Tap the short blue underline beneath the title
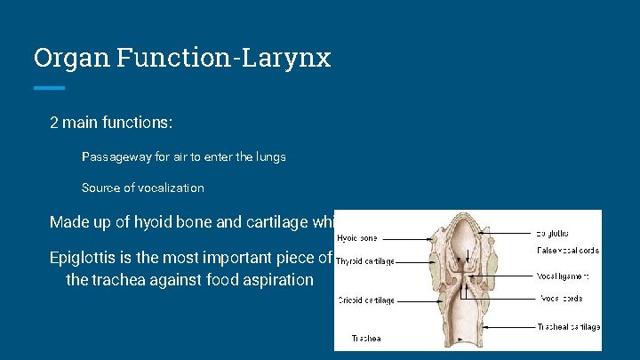click(x=49, y=87)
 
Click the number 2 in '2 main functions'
click(x=54, y=122)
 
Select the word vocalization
click(x=168, y=188)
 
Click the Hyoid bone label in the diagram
click(x=356, y=238)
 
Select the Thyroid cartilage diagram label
click(x=365, y=261)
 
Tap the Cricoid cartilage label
click(x=365, y=300)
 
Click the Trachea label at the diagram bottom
click(x=366, y=339)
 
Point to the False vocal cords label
click(x=568, y=251)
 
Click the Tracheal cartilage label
click(x=568, y=327)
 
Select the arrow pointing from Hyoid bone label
click(x=413, y=238)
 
